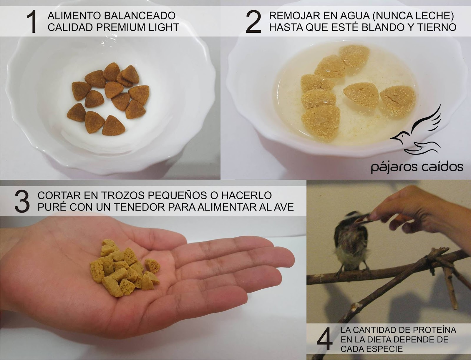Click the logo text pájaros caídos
(x=417, y=168)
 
